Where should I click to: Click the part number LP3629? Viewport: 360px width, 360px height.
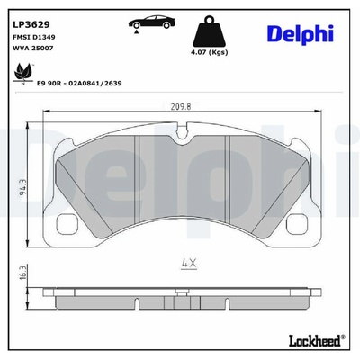coord(31,24)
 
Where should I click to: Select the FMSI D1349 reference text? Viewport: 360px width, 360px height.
coord(34,37)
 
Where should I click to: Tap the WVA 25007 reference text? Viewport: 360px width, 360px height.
coord(33,48)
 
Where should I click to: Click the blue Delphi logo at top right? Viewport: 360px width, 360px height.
coord(300,34)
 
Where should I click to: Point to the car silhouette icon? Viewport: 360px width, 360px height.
coord(152,22)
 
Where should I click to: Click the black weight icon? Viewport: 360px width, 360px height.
coord(210,31)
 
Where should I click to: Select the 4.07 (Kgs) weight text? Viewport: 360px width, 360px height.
coord(210,52)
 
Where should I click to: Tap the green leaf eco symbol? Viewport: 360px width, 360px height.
coord(23,72)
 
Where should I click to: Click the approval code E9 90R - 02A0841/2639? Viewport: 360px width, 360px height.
coord(79,84)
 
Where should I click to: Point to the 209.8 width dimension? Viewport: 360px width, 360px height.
coord(181,106)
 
